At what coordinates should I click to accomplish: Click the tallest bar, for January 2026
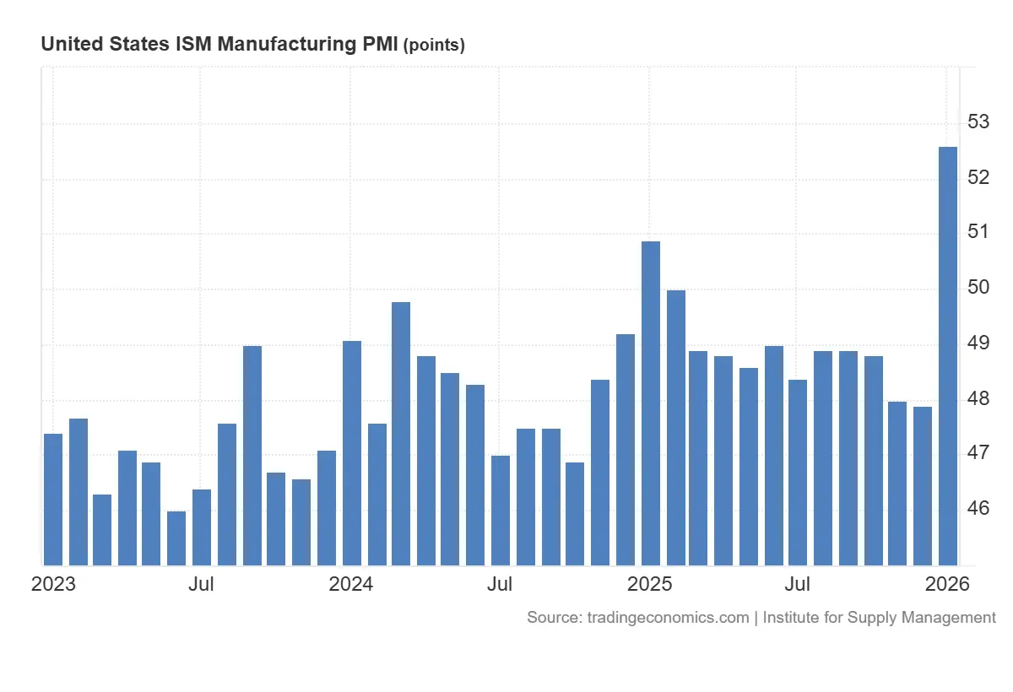click(x=948, y=355)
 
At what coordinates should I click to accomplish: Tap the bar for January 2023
click(x=53, y=499)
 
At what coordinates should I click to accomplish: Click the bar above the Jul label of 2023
click(x=202, y=527)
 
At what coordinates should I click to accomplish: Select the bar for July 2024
click(x=501, y=510)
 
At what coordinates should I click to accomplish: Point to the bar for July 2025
click(x=798, y=472)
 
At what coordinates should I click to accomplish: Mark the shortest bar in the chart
click(x=176, y=538)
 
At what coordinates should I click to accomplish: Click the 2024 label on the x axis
click(x=351, y=584)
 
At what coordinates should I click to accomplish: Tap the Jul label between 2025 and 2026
click(x=798, y=584)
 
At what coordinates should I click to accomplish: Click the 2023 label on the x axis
click(x=53, y=584)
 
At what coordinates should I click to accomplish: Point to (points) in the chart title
click(x=434, y=46)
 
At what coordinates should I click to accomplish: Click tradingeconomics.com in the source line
click(x=665, y=618)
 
